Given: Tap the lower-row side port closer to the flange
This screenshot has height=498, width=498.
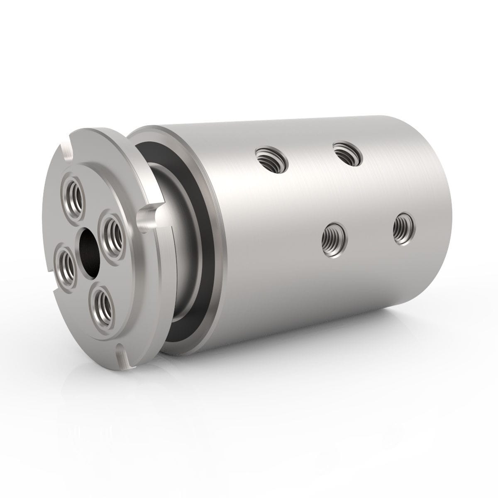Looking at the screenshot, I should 334,239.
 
